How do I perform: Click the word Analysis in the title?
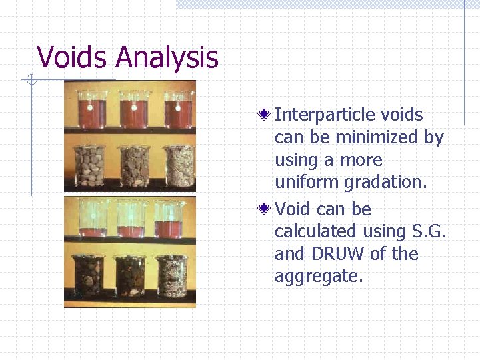click(x=167, y=59)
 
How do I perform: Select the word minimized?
click(x=377, y=137)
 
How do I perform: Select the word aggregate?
click(x=319, y=277)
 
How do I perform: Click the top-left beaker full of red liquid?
click(x=93, y=110)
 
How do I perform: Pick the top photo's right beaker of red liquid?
click(x=178, y=110)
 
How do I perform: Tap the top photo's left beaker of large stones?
click(x=90, y=165)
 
